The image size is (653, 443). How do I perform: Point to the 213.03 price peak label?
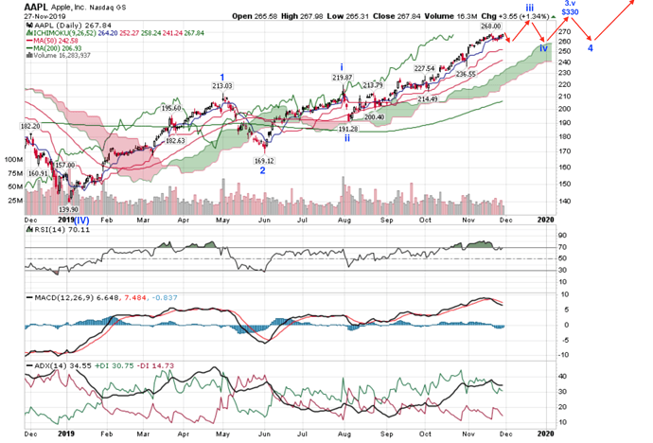coord(221,87)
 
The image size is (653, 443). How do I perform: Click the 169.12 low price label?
coord(264,160)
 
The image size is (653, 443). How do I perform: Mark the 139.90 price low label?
coord(67,210)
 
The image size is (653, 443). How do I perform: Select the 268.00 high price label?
coord(489,27)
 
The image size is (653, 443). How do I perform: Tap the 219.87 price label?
coord(343,78)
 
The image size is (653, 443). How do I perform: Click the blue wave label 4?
coord(590,47)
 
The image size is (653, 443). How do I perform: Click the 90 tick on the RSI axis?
coord(563,236)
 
